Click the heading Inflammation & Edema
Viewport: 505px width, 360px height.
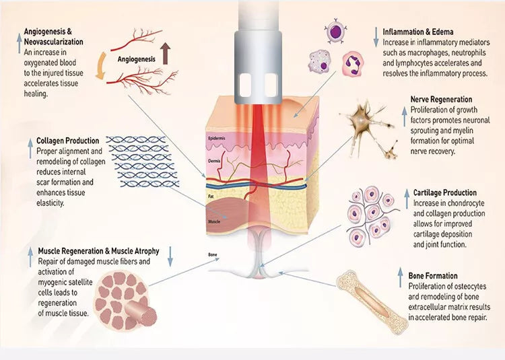pyautogui.click(x=417, y=32)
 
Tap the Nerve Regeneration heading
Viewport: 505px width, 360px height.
pyautogui.click(x=441, y=100)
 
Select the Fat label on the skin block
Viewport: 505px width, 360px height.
pyautogui.click(x=211, y=196)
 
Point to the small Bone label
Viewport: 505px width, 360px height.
pyautogui.click(x=213, y=256)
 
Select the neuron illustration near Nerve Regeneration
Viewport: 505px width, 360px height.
pyautogui.click(x=368, y=125)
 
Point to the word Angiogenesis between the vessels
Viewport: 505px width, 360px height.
pyautogui.click(x=136, y=59)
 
